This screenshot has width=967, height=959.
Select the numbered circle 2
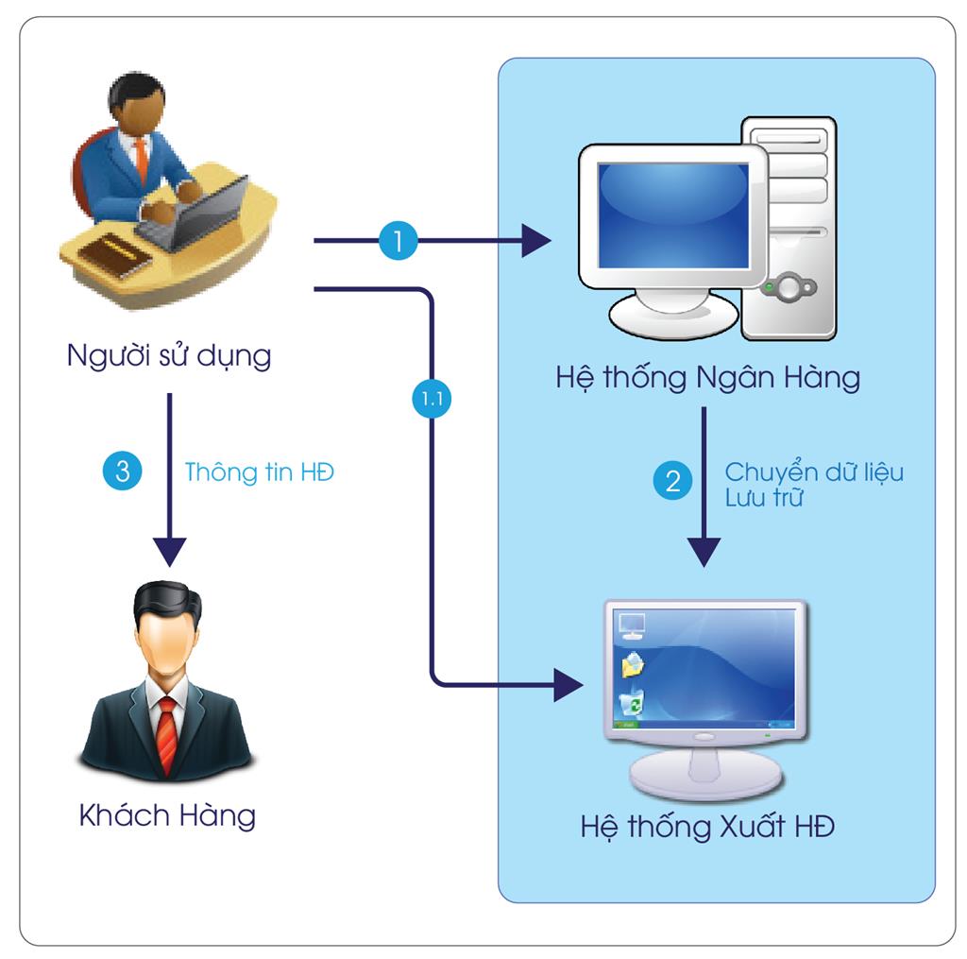[672, 482]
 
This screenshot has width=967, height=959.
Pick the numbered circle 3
[123, 471]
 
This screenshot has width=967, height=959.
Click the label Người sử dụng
[169, 356]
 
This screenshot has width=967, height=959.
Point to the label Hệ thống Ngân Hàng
[707, 378]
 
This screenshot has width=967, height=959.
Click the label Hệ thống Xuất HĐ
[707, 829]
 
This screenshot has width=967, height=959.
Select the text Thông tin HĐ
[259, 471]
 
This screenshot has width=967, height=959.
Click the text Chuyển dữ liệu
[813, 471]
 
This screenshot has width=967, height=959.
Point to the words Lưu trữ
[763, 499]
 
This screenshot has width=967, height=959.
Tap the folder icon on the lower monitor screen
[631, 664]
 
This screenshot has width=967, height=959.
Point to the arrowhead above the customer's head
[169, 550]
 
